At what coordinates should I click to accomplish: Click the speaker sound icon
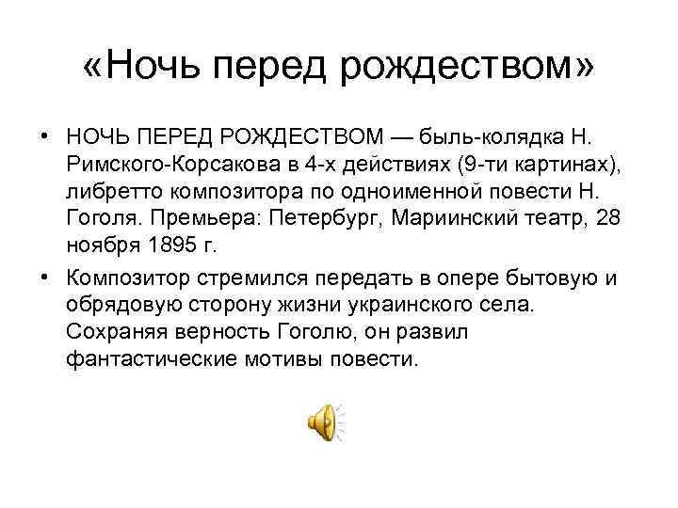(324, 421)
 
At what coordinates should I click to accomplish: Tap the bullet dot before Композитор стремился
(45, 278)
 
